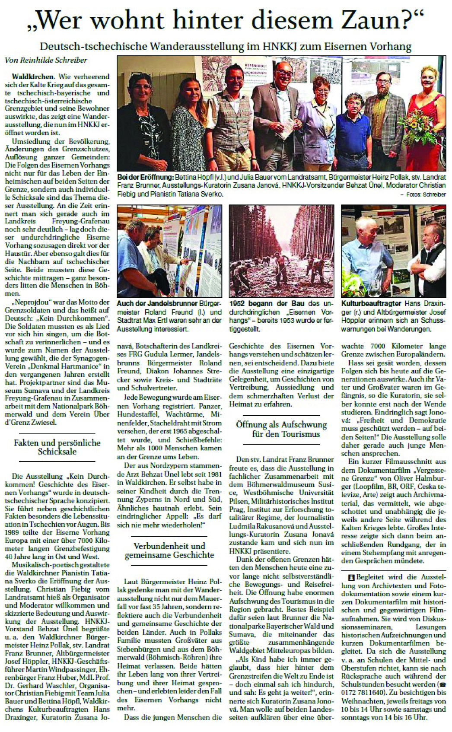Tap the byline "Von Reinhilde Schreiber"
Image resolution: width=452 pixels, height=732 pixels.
point(46,60)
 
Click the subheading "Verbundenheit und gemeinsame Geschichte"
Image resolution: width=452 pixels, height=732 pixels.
point(169,550)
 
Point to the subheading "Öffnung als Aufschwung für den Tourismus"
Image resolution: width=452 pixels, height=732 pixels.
point(281,429)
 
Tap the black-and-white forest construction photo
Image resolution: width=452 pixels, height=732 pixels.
point(281,251)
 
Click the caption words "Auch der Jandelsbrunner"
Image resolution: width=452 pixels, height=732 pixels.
point(157,303)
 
